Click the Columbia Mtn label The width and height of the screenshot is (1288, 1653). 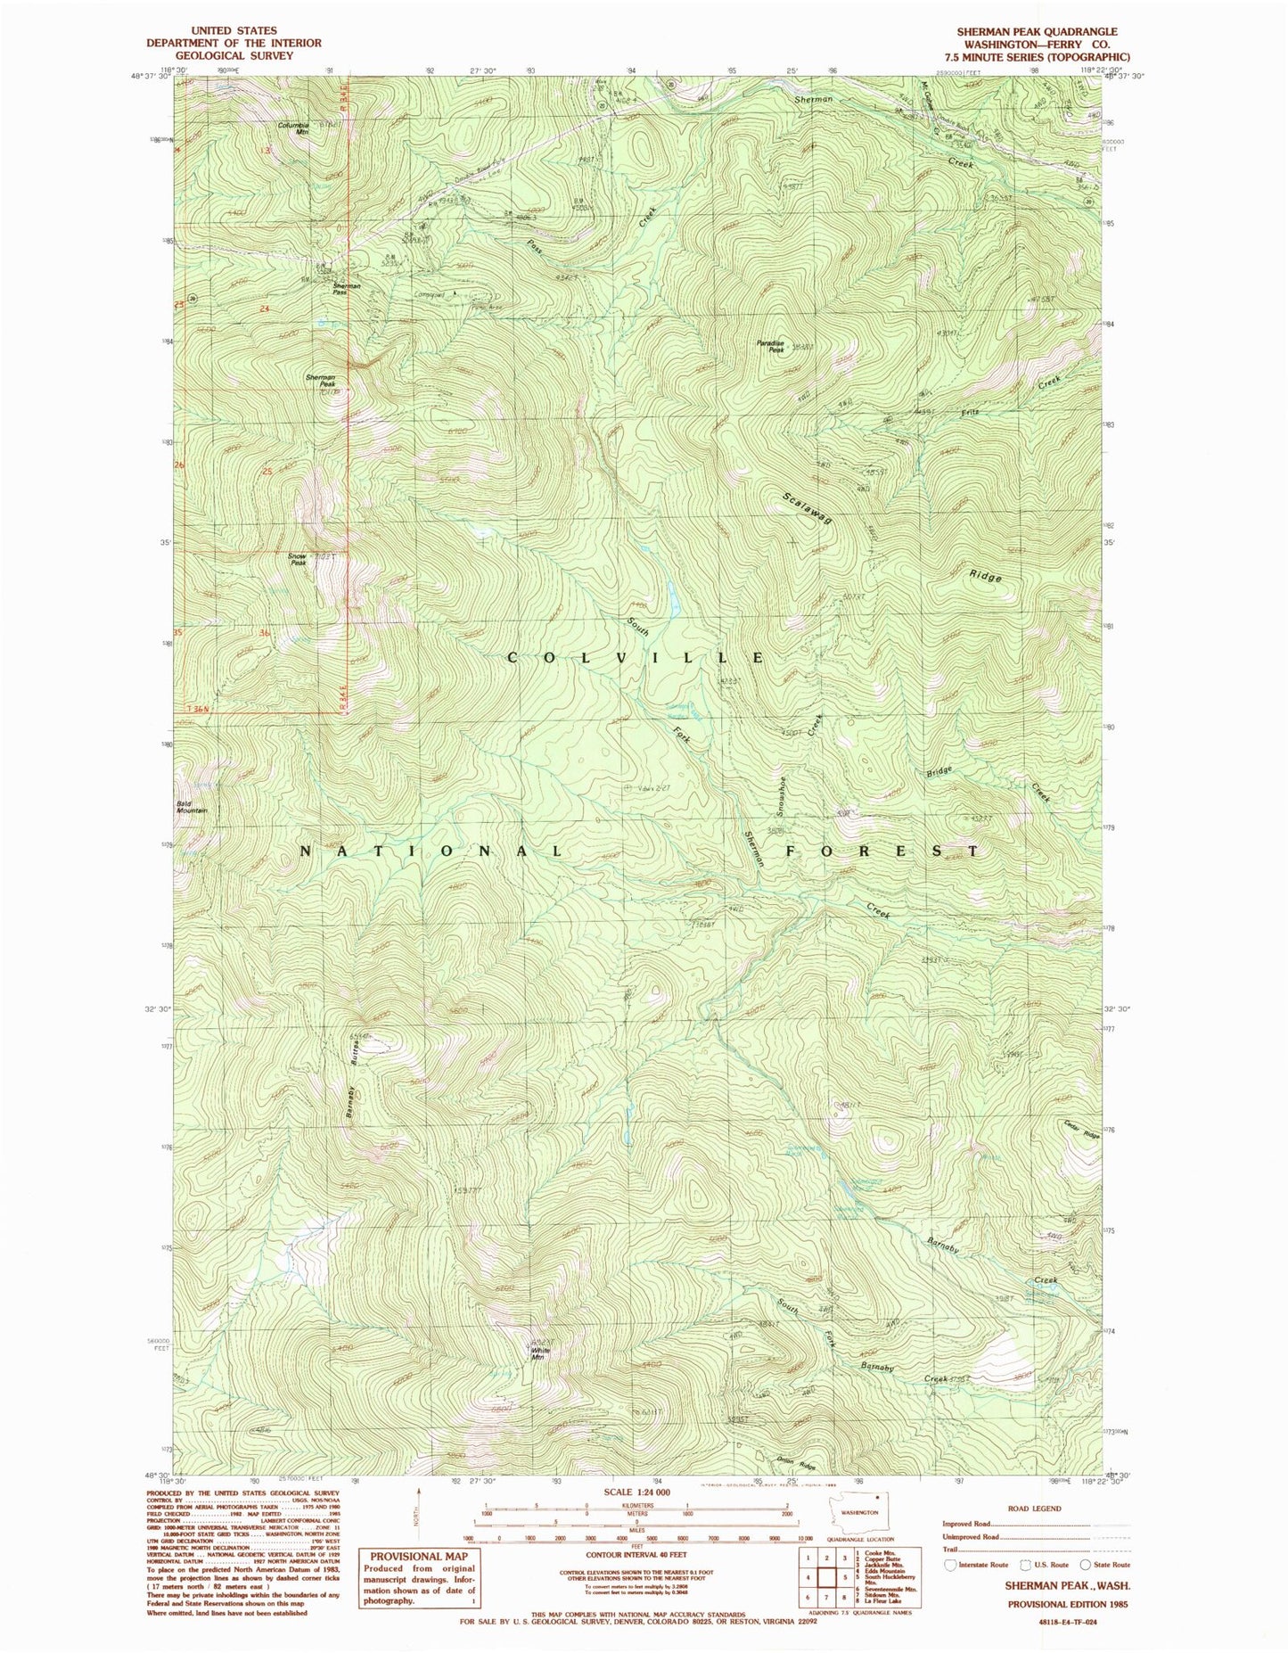tap(292, 129)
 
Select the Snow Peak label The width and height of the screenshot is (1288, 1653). tap(297, 559)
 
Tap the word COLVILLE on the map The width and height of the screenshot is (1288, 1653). tap(636, 657)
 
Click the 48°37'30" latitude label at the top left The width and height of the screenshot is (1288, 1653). tap(149, 77)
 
